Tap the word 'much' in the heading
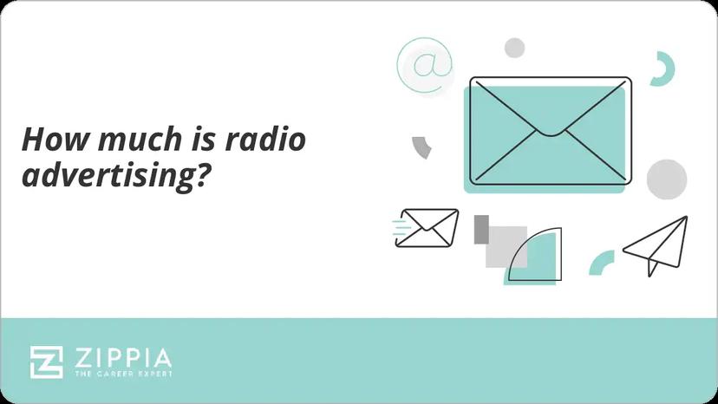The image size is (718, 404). (127, 140)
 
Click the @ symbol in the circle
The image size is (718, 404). (425, 65)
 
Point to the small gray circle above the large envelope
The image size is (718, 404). (515, 48)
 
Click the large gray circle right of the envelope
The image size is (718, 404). (667, 179)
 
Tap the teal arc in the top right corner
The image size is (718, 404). (665, 68)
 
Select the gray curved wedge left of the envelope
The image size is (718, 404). (422, 147)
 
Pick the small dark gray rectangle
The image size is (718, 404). (481, 230)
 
